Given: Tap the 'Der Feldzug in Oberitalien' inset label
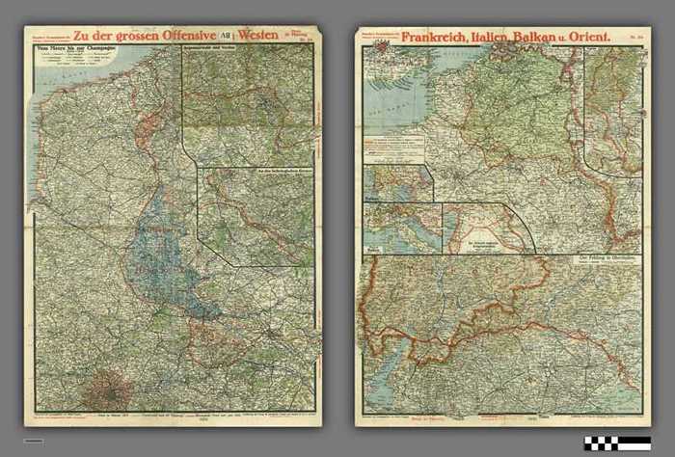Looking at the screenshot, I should click(x=608, y=259).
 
